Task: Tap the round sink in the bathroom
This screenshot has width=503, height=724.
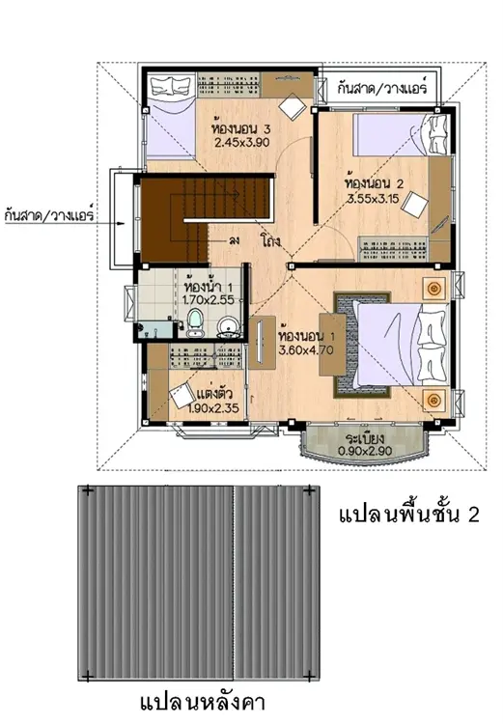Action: click(x=227, y=326)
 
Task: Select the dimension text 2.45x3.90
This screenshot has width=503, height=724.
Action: click(x=242, y=142)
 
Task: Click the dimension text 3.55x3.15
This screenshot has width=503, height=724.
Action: click(x=374, y=200)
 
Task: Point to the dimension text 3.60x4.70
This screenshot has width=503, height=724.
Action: click(x=306, y=350)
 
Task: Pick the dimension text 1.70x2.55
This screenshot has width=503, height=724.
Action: click(x=208, y=299)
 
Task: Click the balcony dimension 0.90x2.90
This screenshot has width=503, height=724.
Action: click(x=365, y=451)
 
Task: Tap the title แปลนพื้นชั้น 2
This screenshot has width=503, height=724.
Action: click(x=408, y=515)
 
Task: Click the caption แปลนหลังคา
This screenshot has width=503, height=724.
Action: click(x=203, y=703)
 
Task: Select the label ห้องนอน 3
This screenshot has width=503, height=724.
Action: click(x=240, y=127)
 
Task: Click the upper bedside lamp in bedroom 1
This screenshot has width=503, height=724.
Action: click(x=433, y=289)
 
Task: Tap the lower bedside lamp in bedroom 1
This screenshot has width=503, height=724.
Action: click(x=433, y=400)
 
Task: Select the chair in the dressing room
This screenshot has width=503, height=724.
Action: click(x=182, y=395)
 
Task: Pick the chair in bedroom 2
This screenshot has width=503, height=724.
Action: click(x=414, y=204)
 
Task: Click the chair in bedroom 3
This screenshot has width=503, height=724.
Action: click(x=293, y=106)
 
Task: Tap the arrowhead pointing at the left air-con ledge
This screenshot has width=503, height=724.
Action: click(x=121, y=224)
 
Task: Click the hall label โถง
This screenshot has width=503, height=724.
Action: click(x=270, y=241)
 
